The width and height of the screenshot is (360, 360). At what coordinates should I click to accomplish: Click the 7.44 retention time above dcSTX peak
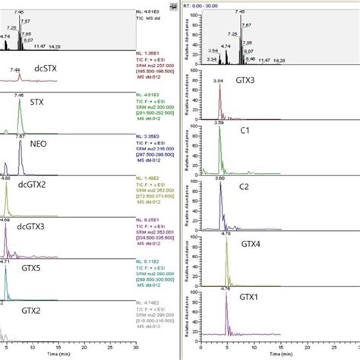pyautogui.click(x=16, y=69)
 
